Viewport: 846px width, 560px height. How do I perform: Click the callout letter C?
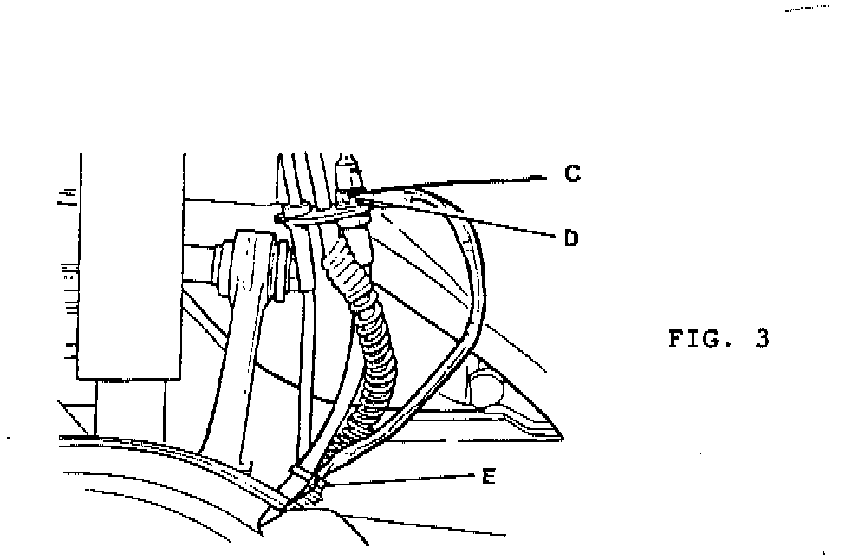[x=571, y=174]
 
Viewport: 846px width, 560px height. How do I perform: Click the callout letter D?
[x=570, y=237]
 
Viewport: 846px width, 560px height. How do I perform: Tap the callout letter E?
[x=489, y=476]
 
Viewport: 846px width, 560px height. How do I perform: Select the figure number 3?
[x=762, y=339]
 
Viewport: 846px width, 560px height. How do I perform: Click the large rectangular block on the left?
[x=130, y=269]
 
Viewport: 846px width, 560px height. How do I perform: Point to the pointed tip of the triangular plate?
[x=560, y=436]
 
